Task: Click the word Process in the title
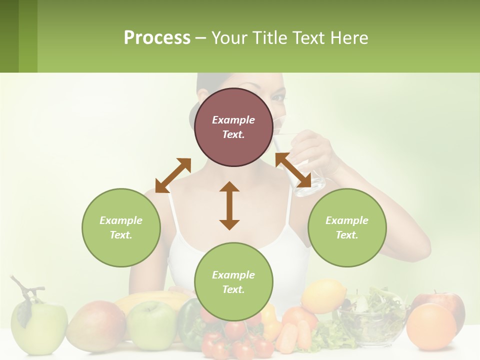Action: point(157,38)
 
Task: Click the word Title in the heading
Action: point(268,38)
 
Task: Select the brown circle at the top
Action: point(233,127)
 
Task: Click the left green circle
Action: point(121,227)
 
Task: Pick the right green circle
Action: point(347,227)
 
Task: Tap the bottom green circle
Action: point(233,282)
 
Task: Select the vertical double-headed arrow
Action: point(229,205)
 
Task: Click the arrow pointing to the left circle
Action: point(173,175)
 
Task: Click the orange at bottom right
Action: point(430,326)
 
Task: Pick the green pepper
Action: point(189,322)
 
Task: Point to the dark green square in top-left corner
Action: point(9,36)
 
